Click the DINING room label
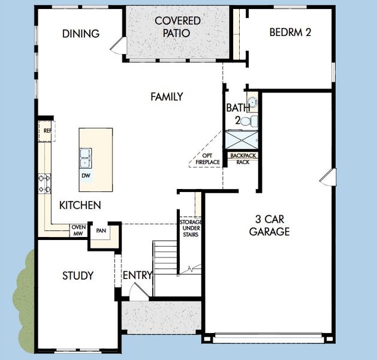(x=81, y=34)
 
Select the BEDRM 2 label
(x=289, y=32)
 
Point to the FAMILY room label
(x=167, y=97)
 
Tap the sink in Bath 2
(x=252, y=102)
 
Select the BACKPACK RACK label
(x=243, y=158)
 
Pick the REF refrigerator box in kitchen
(x=46, y=130)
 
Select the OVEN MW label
(x=79, y=230)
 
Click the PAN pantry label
(x=101, y=230)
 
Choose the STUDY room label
(x=78, y=276)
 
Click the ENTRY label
(x=137, y=275)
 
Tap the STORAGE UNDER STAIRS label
(x=191, y=228)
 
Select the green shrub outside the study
(x=24, y=300)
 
